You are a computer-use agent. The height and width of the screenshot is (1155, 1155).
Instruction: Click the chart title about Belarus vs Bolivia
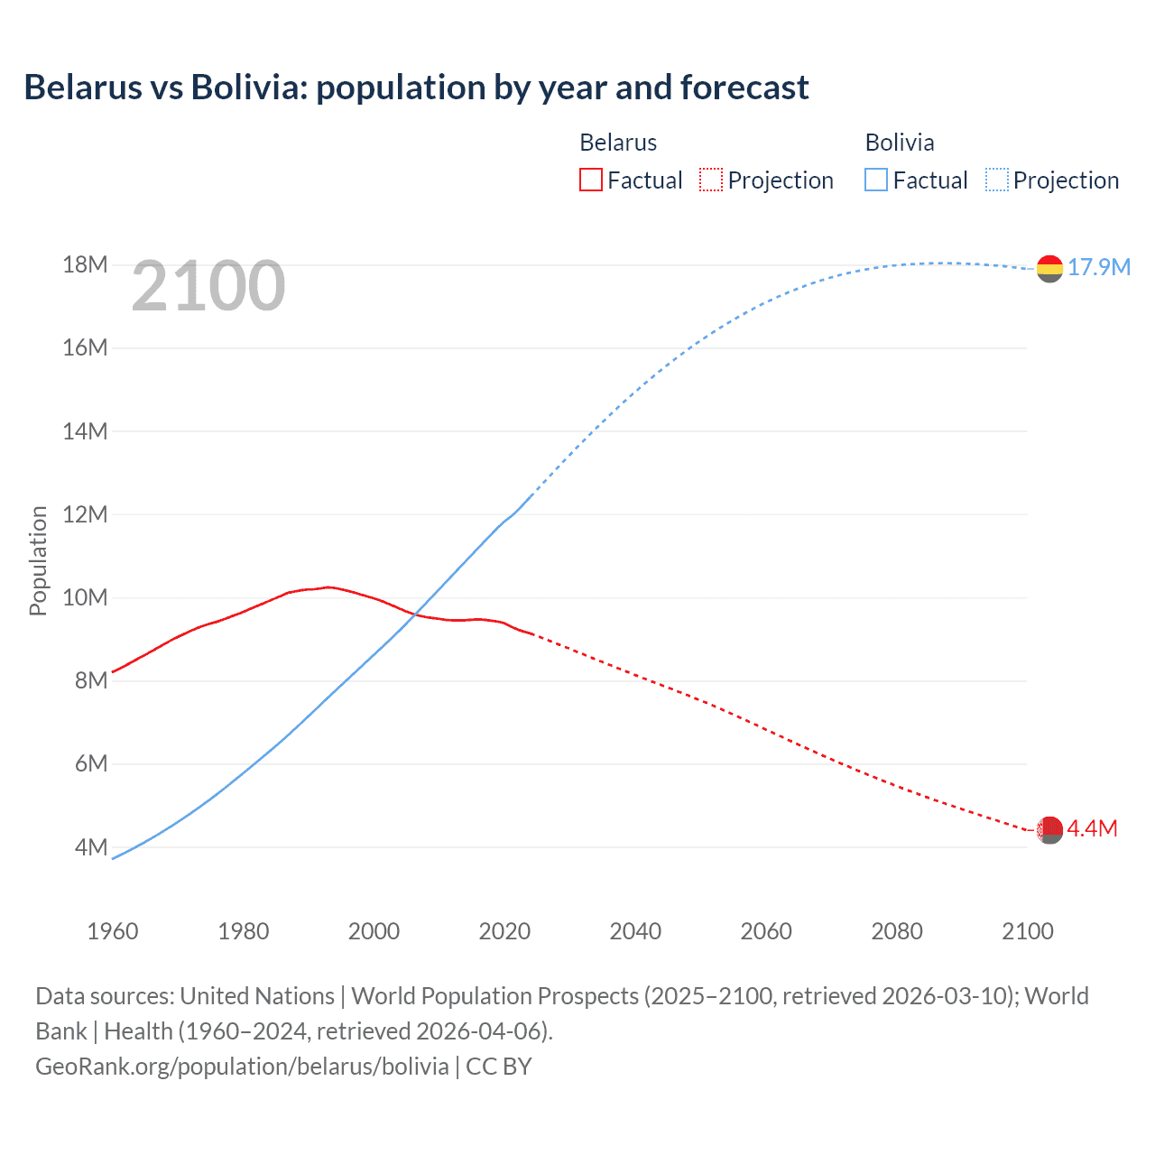pyautogui.click(x=416, y=88)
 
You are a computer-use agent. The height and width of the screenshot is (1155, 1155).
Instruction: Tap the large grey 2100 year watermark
pyautogui.click(x=208, y=286)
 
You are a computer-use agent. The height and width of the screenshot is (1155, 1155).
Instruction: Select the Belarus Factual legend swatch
pyautogui.click(x=590, y=180)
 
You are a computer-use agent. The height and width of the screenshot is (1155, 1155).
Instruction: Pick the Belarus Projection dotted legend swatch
pyautogui.click(x=711, y=180)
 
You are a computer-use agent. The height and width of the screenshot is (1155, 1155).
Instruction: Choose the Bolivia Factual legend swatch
pyautogui.click(x=876, y=180)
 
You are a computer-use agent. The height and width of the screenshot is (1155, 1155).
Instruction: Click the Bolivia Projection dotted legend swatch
pyautogui.click(x=997, y=180)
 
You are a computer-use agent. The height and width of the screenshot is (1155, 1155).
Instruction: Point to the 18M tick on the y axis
pyautogui.click(x=85, y=264)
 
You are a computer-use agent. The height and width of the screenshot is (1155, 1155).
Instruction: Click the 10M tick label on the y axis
pyautogui.click(x=85, y=597)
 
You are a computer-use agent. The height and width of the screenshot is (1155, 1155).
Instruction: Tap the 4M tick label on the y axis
pyautogui.click(x=90, y=847)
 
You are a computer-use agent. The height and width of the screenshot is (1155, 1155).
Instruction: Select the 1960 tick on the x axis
pyautogui.click(x=113, y=931)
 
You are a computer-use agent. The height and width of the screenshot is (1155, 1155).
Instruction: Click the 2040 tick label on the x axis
pyautogui.click(x=635, y=931)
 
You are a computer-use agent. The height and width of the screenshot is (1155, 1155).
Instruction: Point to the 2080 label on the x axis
pyautogui.click(x=897, y=931)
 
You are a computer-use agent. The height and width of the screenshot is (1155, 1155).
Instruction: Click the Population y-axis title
pyautogui.click(x=38, y=560)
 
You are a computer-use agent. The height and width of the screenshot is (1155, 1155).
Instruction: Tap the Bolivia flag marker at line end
pyautogui.click(x=1049, y=268)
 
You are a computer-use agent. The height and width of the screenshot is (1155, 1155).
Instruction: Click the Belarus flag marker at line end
pyautogui.click(x=1049, y=829)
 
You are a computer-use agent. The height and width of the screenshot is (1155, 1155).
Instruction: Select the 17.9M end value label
pyautogui.click(x=1099, y=267)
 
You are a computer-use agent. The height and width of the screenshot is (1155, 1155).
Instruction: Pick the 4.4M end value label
pyautogui.click(x=1093, y=828)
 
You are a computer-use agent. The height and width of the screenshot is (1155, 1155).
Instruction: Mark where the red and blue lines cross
pyautogui.click(x=415, y=614)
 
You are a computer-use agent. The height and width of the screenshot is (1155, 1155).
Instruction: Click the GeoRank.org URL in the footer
pyautogui.click(x=242, y=1067)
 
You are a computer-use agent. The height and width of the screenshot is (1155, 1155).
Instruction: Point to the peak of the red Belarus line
pyautogui.click(x=329, y=587)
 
